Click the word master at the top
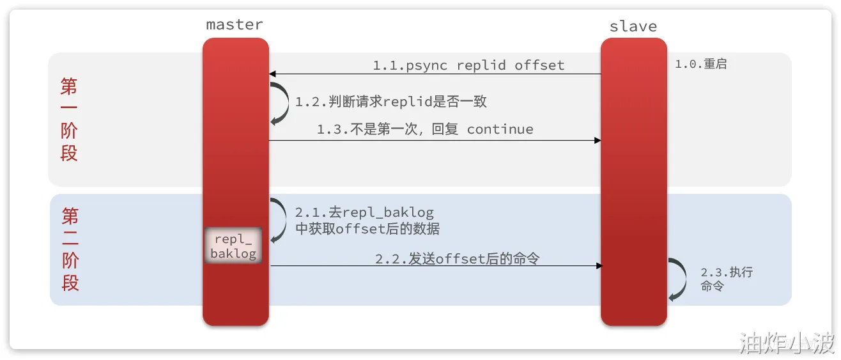234,25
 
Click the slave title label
633,26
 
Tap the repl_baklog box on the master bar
233,246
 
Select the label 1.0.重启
700,65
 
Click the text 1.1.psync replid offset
468,65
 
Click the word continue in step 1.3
500,129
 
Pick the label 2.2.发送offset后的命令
457,258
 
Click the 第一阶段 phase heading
68,120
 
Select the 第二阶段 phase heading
70,249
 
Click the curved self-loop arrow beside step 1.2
280,102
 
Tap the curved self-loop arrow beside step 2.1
280,220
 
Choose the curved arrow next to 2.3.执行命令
676,279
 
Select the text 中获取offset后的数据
367,229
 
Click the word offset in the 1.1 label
539,65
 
